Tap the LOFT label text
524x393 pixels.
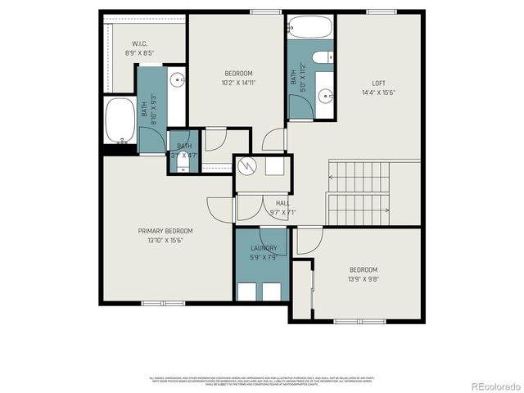(378, 83)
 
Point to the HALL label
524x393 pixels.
(282, 203)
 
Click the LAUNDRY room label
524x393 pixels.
(263, 248)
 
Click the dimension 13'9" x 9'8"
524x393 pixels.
(364, 279)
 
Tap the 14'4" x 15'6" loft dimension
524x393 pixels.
(378, 93)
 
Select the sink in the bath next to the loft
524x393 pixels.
(326, 96)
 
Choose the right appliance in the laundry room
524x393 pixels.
(273, 291)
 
